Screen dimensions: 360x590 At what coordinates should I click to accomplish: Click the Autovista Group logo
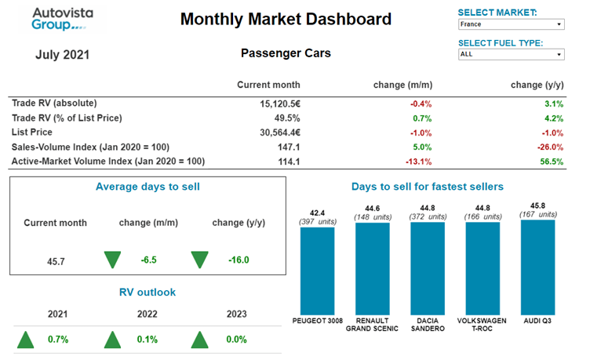click(57, 19)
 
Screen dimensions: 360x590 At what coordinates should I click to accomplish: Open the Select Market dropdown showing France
click(511, 24)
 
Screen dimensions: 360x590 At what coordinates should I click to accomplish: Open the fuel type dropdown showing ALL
click(511, 55)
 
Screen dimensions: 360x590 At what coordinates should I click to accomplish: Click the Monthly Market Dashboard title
click(286, 19)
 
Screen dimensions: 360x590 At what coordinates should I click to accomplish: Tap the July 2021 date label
click(63, 55)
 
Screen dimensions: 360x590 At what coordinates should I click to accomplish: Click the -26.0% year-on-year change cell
click(548, 147)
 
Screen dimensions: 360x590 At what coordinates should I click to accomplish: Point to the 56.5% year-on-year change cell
click(551, 162)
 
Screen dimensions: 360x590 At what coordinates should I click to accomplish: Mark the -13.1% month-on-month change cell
click(417, 162)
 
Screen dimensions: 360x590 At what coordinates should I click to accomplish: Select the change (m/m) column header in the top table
click(403, 85)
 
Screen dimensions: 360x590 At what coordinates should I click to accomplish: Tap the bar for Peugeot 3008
click(317, 271)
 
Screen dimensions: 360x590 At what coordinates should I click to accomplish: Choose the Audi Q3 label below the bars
click(537, 321)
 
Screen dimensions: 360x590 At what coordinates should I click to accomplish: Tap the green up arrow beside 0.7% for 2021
click(26, 340)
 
